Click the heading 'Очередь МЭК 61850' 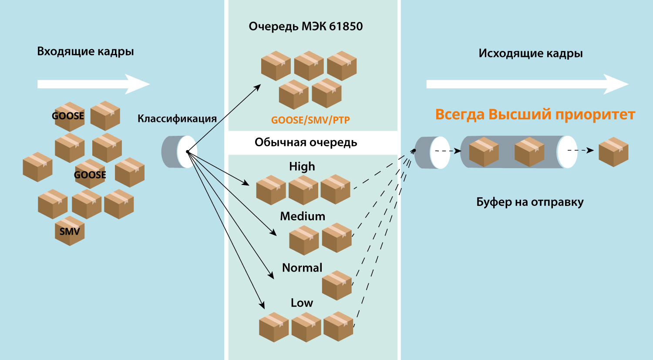[306, 27]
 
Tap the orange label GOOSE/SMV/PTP [310, 120]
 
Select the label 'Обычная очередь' [306, 142]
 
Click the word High [302, 166]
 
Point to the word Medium [303, 216]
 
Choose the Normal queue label [302, 268]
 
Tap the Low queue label [302, 303]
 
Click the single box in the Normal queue [337, 285]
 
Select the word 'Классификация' [177, 119]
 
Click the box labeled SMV [70, 231]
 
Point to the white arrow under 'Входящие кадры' [93, 84]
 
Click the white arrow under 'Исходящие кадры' [527, 84]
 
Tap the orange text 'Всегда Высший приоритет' [535, 114]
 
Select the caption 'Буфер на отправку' [530, 202]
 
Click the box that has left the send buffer [613, 152]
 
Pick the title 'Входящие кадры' [85, 51]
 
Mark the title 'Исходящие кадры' [530, 54]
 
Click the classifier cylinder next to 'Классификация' [178, 152]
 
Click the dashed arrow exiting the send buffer [580, 151]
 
